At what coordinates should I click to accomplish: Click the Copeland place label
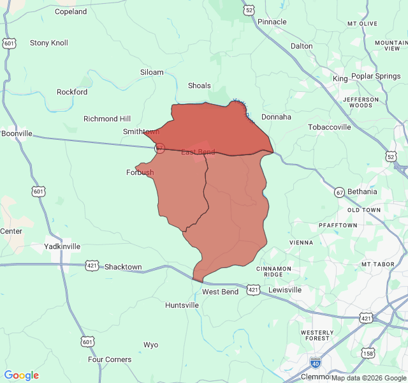tap(71, 11)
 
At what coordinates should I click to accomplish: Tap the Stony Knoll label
tap(49, 43)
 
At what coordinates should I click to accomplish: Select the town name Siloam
tap(152, 72)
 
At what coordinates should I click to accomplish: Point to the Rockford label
tap(72, 92)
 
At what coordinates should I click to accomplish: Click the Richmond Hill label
tap(107, 119)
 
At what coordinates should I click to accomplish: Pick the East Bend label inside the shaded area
tap(198, 152)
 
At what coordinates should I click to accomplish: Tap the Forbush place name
tap(140, 172)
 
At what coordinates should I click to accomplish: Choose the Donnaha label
tap(276, 117)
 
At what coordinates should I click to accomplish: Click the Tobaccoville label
tap(330, 127)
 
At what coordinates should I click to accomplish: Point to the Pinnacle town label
tap(272, 22)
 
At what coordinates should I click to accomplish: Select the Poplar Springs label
tap(375, 76)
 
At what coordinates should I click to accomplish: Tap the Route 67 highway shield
tap(339, 191)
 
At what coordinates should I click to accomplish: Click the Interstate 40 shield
tap(315, 362)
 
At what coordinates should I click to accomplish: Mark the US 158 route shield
tap(368, 352)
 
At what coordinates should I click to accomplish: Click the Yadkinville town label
tap(62, 246)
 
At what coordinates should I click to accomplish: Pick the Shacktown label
tap(123, 267)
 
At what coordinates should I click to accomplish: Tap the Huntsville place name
tap(182, 305)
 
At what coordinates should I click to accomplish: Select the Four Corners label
tap(110, 359)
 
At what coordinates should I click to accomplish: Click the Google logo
tap(22, 375)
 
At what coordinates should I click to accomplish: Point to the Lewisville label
tap(285, 290)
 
